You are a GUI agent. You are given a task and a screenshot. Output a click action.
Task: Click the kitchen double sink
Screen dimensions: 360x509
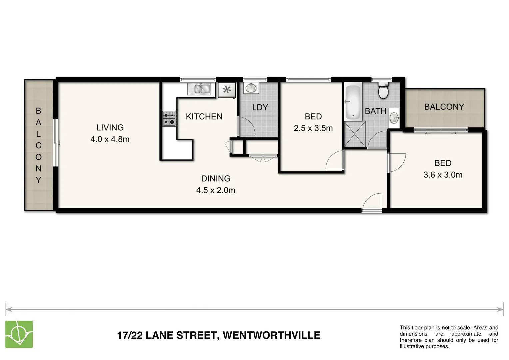click(199, 89)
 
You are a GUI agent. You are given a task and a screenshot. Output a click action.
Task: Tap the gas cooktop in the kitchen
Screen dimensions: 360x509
click(169, 118)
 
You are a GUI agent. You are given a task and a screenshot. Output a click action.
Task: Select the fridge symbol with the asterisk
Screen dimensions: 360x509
click(227, 90)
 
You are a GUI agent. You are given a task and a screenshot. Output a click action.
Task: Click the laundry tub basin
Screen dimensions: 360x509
click(251, 88)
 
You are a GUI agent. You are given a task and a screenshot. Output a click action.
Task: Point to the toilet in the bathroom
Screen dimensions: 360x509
click(383, 91)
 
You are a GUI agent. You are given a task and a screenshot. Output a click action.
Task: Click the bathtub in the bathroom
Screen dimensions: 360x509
click(353, 103)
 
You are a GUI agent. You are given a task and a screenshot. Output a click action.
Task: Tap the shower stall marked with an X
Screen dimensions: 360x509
click(355, 134)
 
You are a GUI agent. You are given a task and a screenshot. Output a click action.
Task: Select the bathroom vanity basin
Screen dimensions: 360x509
click(394, 118)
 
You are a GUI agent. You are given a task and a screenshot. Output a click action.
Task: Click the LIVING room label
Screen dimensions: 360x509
click(110, 127)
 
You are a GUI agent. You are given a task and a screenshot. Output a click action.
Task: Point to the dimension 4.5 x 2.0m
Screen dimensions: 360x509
click(216, 190)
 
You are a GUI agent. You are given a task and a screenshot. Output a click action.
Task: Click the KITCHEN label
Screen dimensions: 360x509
click(204, 116)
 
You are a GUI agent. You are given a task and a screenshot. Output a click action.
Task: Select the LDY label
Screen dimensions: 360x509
click(260, 107)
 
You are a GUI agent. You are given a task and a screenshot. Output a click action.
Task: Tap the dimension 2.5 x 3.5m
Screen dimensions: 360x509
click(313, 128)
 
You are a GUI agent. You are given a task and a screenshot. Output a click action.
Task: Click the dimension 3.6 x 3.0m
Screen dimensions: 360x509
click(443, 175)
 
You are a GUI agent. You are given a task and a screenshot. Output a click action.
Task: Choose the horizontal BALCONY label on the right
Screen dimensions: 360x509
click(444, 107)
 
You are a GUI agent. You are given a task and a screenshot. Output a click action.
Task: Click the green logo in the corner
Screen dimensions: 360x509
click(19, 334)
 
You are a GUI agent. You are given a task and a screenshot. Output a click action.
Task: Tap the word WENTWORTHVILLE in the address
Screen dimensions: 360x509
click(271, 335)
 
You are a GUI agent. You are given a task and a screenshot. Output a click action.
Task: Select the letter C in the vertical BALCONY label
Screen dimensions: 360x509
click(38, 145)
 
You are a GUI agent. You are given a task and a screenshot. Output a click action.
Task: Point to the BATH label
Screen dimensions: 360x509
click(375, 111)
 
